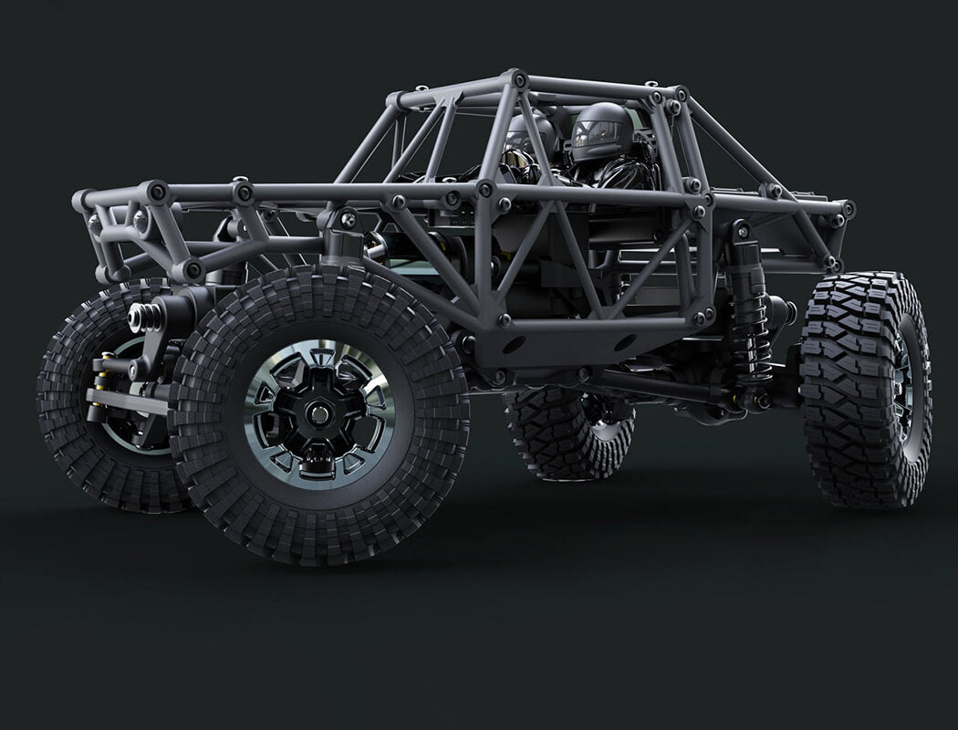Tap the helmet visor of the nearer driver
click(596, 133)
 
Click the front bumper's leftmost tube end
click(83, 198)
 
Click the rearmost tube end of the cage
click(848, 209)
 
